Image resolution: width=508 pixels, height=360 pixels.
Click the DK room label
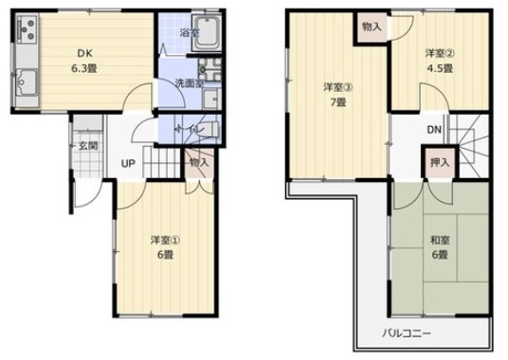tap(85, 53)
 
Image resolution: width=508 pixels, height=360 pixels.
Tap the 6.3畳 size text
tap(84, 68)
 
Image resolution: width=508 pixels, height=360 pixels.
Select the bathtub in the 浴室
tap(207, 32)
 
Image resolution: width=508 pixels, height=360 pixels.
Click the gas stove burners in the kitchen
tap(27, 29)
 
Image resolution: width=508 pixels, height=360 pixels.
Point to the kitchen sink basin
tap(27, 82)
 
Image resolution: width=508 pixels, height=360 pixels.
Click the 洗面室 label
tap(190, 83)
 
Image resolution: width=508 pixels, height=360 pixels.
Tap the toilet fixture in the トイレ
tap(210, 130)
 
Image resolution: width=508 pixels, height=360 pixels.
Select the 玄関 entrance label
tap(88, 146)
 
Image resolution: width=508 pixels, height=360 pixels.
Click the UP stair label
tap(128, 164)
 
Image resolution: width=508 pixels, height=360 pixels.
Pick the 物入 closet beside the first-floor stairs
tap(200, 164)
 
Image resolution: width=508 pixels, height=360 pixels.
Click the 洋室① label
tap(165, 241)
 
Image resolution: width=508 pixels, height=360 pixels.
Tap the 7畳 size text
tap(338, 102)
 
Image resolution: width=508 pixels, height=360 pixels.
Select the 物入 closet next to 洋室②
tap(372, 27)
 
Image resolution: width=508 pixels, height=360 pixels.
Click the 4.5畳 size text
tap(440, 68)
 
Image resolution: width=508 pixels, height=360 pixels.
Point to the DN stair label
tap(434, 130)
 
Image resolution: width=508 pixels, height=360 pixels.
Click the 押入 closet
tap(440, 162)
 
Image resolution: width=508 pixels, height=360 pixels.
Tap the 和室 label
tap(440, 241)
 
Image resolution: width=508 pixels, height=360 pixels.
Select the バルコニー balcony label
tap(407, 333)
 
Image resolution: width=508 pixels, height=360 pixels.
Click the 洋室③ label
tap(338, 87)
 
